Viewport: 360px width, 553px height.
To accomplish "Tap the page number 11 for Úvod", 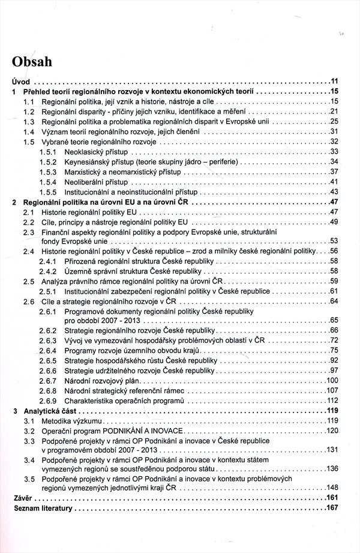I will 335,81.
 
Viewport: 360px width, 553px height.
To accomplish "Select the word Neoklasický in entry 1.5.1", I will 85,151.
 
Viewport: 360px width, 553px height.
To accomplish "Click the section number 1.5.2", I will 48,162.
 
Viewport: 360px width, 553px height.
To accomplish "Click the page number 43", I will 335,192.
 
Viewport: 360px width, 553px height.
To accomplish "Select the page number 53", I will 335,241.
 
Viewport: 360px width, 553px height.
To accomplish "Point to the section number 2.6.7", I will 48,381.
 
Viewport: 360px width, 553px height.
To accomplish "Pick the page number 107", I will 333,391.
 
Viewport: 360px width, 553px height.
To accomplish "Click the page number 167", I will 333,509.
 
